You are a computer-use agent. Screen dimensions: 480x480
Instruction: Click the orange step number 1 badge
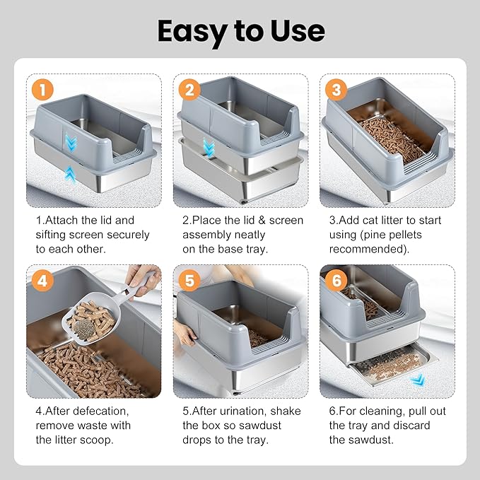coord(43,90)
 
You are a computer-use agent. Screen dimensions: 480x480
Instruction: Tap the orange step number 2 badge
coord(189,90)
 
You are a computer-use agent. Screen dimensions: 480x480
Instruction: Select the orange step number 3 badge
coord(336,90)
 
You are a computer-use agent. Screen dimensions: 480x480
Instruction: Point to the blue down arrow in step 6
coord(419,380)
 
